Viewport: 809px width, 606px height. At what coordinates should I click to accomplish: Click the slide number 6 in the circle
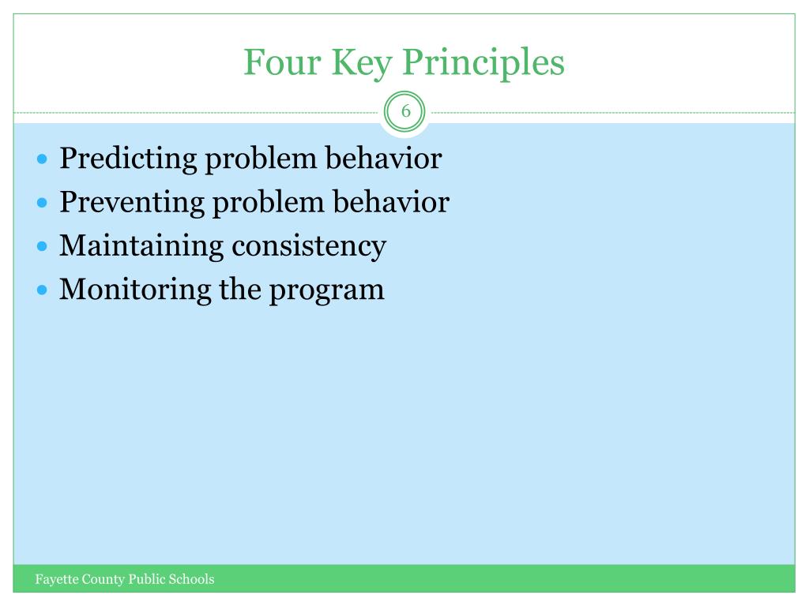point(405,111)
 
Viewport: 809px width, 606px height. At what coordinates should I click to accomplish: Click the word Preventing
point(131,202)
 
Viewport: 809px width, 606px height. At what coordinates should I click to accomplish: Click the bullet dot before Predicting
point(43,159)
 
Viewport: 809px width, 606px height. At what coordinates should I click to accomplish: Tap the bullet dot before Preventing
point(43,203)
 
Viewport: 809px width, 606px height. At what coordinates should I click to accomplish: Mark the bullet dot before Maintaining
point(43,246)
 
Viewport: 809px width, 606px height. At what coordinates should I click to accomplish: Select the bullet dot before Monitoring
point(43,290)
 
